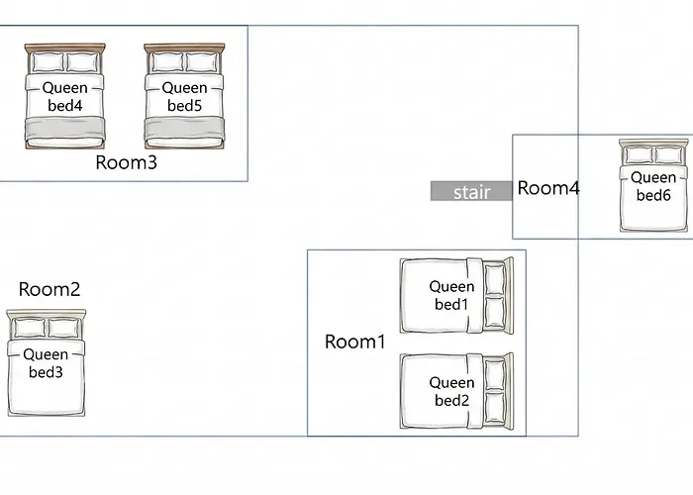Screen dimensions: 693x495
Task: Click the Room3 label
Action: point(127,162)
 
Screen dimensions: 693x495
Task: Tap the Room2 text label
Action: point(49,289)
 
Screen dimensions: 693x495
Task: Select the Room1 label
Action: point(355,342)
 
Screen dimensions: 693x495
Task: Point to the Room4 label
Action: point(548,188)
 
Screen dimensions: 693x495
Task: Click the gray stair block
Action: point(471,191)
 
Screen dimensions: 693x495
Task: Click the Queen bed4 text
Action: point(65,97)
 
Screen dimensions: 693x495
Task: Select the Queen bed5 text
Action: point(185,97)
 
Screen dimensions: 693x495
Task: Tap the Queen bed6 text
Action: point(653,186)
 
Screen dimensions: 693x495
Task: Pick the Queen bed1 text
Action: point(451,295)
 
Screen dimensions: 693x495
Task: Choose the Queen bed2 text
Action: point(451,391)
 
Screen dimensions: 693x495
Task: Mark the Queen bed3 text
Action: point(46,363)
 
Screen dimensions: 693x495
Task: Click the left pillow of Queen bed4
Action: point(48,62)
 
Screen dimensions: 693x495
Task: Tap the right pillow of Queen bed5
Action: point(202,62)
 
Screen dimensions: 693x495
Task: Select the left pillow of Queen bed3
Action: point(30,329)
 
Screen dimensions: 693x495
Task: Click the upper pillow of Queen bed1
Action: point(495,279)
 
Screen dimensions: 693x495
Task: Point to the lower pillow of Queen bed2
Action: point(495,408)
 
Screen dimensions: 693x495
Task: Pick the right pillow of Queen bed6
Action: point(669,155)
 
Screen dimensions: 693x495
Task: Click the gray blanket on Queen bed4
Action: point(65,128)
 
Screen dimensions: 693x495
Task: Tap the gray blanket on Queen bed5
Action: point(185,128)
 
